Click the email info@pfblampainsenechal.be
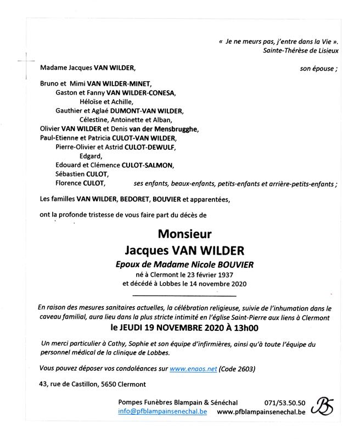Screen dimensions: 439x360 click(162, 412)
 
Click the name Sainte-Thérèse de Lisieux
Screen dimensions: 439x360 click(301, 50)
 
